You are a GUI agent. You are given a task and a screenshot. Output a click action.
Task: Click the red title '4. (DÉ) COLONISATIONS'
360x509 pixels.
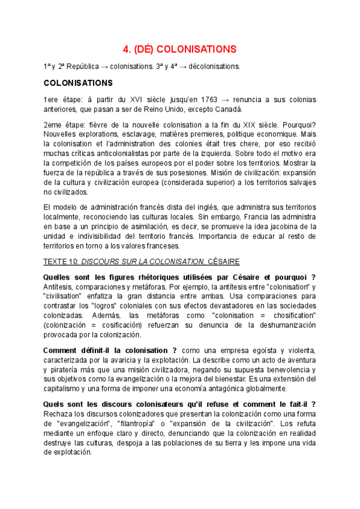click(x=179, y=49)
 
